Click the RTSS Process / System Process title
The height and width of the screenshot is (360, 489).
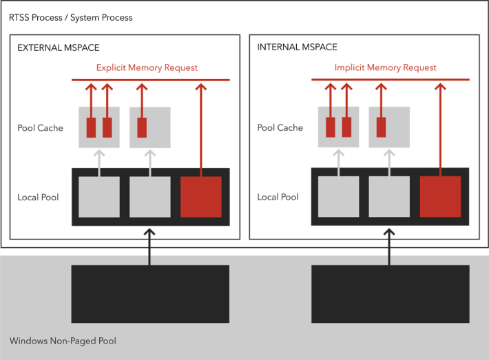[x=70, y=17]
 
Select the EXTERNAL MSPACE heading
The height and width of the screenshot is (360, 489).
[x=59, y=47]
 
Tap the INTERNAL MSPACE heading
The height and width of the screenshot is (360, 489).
[x=298, y=47]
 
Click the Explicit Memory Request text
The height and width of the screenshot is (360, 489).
[x=147, y=67]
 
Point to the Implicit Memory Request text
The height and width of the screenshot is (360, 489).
[x=386, y=67]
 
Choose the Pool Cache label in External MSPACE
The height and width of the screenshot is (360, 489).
[x=41, y=128]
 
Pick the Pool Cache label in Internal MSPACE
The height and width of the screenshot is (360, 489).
[x=280, y=128]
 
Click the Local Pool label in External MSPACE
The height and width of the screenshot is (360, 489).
[x=39, y=198]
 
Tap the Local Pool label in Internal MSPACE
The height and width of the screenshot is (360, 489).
[x=278, y=198]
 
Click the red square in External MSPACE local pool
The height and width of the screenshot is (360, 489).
[x=201, y=197]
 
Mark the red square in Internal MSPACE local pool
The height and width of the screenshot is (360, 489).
[x=440, y=197]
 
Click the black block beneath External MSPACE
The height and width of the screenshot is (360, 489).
[x=150, y=294]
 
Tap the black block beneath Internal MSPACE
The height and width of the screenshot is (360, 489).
[x=391, y=294]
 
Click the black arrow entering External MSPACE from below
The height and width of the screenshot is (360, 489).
[x=150, y=246]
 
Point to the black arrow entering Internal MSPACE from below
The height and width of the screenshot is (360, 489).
[x=391, y=246]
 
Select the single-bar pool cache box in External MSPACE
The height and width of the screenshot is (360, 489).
[x=150, y=127]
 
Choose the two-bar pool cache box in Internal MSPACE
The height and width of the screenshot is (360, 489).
[x=338, y=127]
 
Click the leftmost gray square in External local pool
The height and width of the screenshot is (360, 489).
[x=99, y=197]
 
